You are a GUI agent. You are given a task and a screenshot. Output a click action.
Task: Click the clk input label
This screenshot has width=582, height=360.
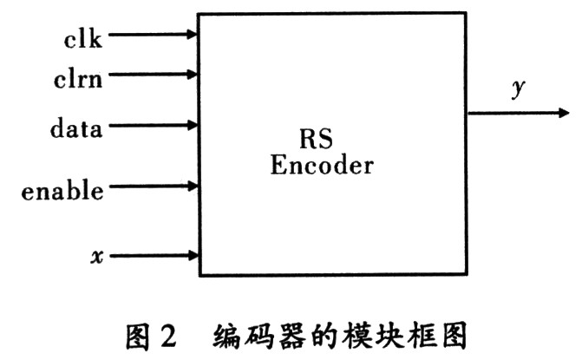tap(82, 38)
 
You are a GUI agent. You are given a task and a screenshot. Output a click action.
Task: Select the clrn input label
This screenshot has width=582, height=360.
tap(78, 79)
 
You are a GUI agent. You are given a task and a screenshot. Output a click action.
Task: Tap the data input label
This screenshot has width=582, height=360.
tap(76, 128)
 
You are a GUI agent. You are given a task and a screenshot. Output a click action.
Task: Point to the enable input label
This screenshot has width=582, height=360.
tap(62, 190)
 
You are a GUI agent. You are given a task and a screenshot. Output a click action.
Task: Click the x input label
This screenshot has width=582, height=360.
tap(97, 257)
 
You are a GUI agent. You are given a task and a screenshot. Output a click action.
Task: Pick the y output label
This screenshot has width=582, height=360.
tap(518, 88)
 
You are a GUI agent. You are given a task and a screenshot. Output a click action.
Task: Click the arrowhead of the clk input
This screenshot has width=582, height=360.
tap(192, 35)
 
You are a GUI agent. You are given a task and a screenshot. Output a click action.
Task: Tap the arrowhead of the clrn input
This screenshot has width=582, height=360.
tap(192, 75)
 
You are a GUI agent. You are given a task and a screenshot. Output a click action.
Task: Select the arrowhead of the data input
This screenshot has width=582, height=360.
tap(193, 126)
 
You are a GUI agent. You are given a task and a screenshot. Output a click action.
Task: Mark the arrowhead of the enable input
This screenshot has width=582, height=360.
tap(193, 186)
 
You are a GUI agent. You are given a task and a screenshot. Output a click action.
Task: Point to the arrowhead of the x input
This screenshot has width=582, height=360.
tap(193, 255)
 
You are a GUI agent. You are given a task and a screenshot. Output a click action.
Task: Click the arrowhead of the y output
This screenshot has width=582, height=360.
tap(564, 113)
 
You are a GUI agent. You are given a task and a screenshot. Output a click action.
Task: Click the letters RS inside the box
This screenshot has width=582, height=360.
tap(316, 139)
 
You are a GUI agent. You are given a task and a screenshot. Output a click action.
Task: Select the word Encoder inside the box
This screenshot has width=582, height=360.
tap(322, 165)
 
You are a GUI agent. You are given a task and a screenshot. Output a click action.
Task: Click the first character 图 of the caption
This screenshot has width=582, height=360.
tap(138, 337)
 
